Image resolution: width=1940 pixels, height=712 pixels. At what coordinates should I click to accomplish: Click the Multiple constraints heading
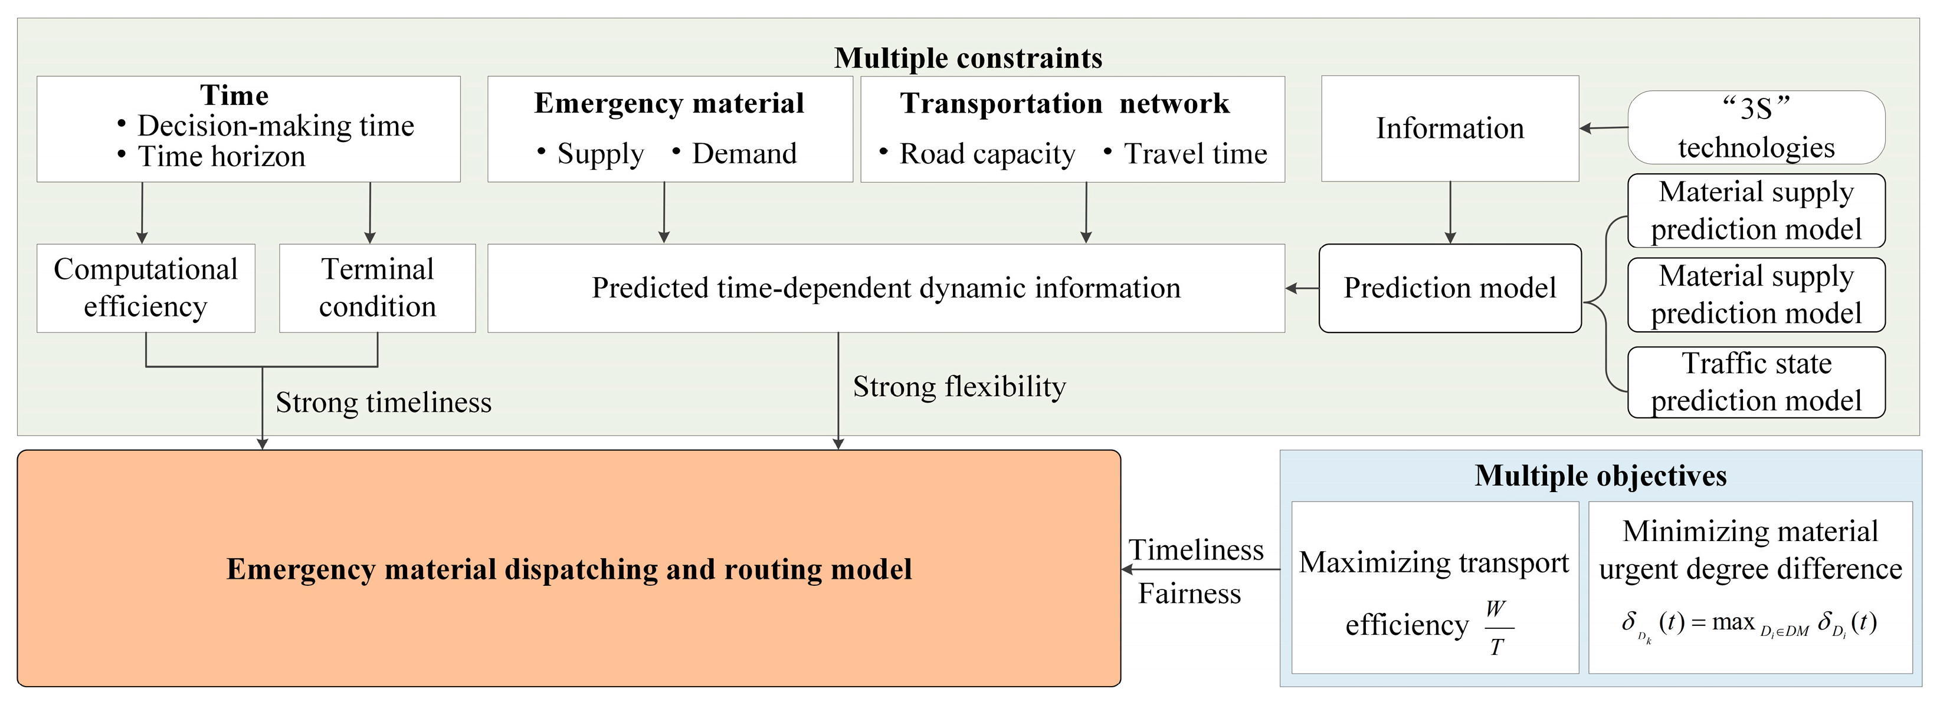[968, 58]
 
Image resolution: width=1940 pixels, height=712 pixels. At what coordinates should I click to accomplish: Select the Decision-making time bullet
[275, 126]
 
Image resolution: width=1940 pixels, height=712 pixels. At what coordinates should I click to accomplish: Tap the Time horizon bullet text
[221, 157]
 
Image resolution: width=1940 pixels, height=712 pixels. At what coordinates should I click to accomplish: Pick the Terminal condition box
[377, 288]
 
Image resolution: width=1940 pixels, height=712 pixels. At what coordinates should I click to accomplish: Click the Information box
[1450, 128]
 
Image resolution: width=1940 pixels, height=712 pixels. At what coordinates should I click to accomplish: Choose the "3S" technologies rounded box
[1757, 128]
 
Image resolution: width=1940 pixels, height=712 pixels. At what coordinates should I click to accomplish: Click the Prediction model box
[1450, 288]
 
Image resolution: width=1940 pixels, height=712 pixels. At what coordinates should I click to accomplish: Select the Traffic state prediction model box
[1757, 383]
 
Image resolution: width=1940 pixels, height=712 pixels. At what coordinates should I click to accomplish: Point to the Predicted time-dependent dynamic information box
[886, 288]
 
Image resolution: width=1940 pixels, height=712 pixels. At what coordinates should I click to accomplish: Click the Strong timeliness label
[384, 403]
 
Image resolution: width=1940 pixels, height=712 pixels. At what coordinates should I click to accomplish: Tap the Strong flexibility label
[959, 387]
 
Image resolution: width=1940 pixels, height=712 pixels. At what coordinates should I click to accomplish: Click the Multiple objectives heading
[1600, 476]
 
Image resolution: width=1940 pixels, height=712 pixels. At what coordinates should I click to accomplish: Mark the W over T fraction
[1496, 628]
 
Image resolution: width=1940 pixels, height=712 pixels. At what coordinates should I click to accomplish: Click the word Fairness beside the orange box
[1189, 594]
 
